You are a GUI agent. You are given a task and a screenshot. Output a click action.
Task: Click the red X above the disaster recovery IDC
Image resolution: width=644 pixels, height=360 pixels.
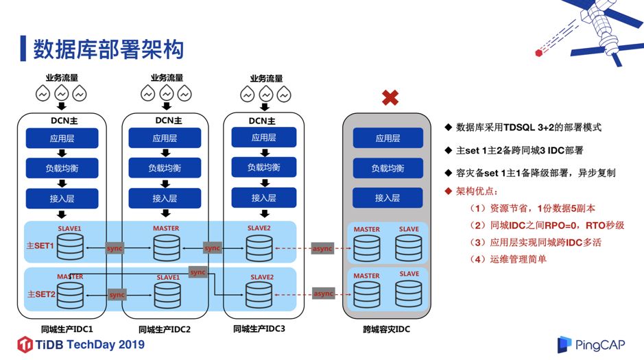coord(390,98)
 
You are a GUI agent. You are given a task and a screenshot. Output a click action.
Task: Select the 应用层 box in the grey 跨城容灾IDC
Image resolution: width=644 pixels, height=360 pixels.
coord(387,138)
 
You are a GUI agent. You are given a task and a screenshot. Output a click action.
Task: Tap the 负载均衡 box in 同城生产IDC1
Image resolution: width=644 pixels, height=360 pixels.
coord(62,168)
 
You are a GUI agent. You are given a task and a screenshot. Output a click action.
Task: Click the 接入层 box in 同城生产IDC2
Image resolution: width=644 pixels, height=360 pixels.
coord(165,198)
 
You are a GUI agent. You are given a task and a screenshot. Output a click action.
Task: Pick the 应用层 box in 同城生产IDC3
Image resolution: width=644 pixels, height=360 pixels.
coord(263,137)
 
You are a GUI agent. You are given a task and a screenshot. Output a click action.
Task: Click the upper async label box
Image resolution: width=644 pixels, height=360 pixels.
coord(322,248)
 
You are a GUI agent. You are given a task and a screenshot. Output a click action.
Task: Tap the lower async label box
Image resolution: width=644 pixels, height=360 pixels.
coord(322,293)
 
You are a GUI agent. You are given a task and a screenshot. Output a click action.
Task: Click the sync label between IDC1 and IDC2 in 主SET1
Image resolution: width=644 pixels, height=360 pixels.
coord(115,248)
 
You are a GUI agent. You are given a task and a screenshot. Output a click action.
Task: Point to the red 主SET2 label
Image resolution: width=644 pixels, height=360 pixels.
coord(40,293)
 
